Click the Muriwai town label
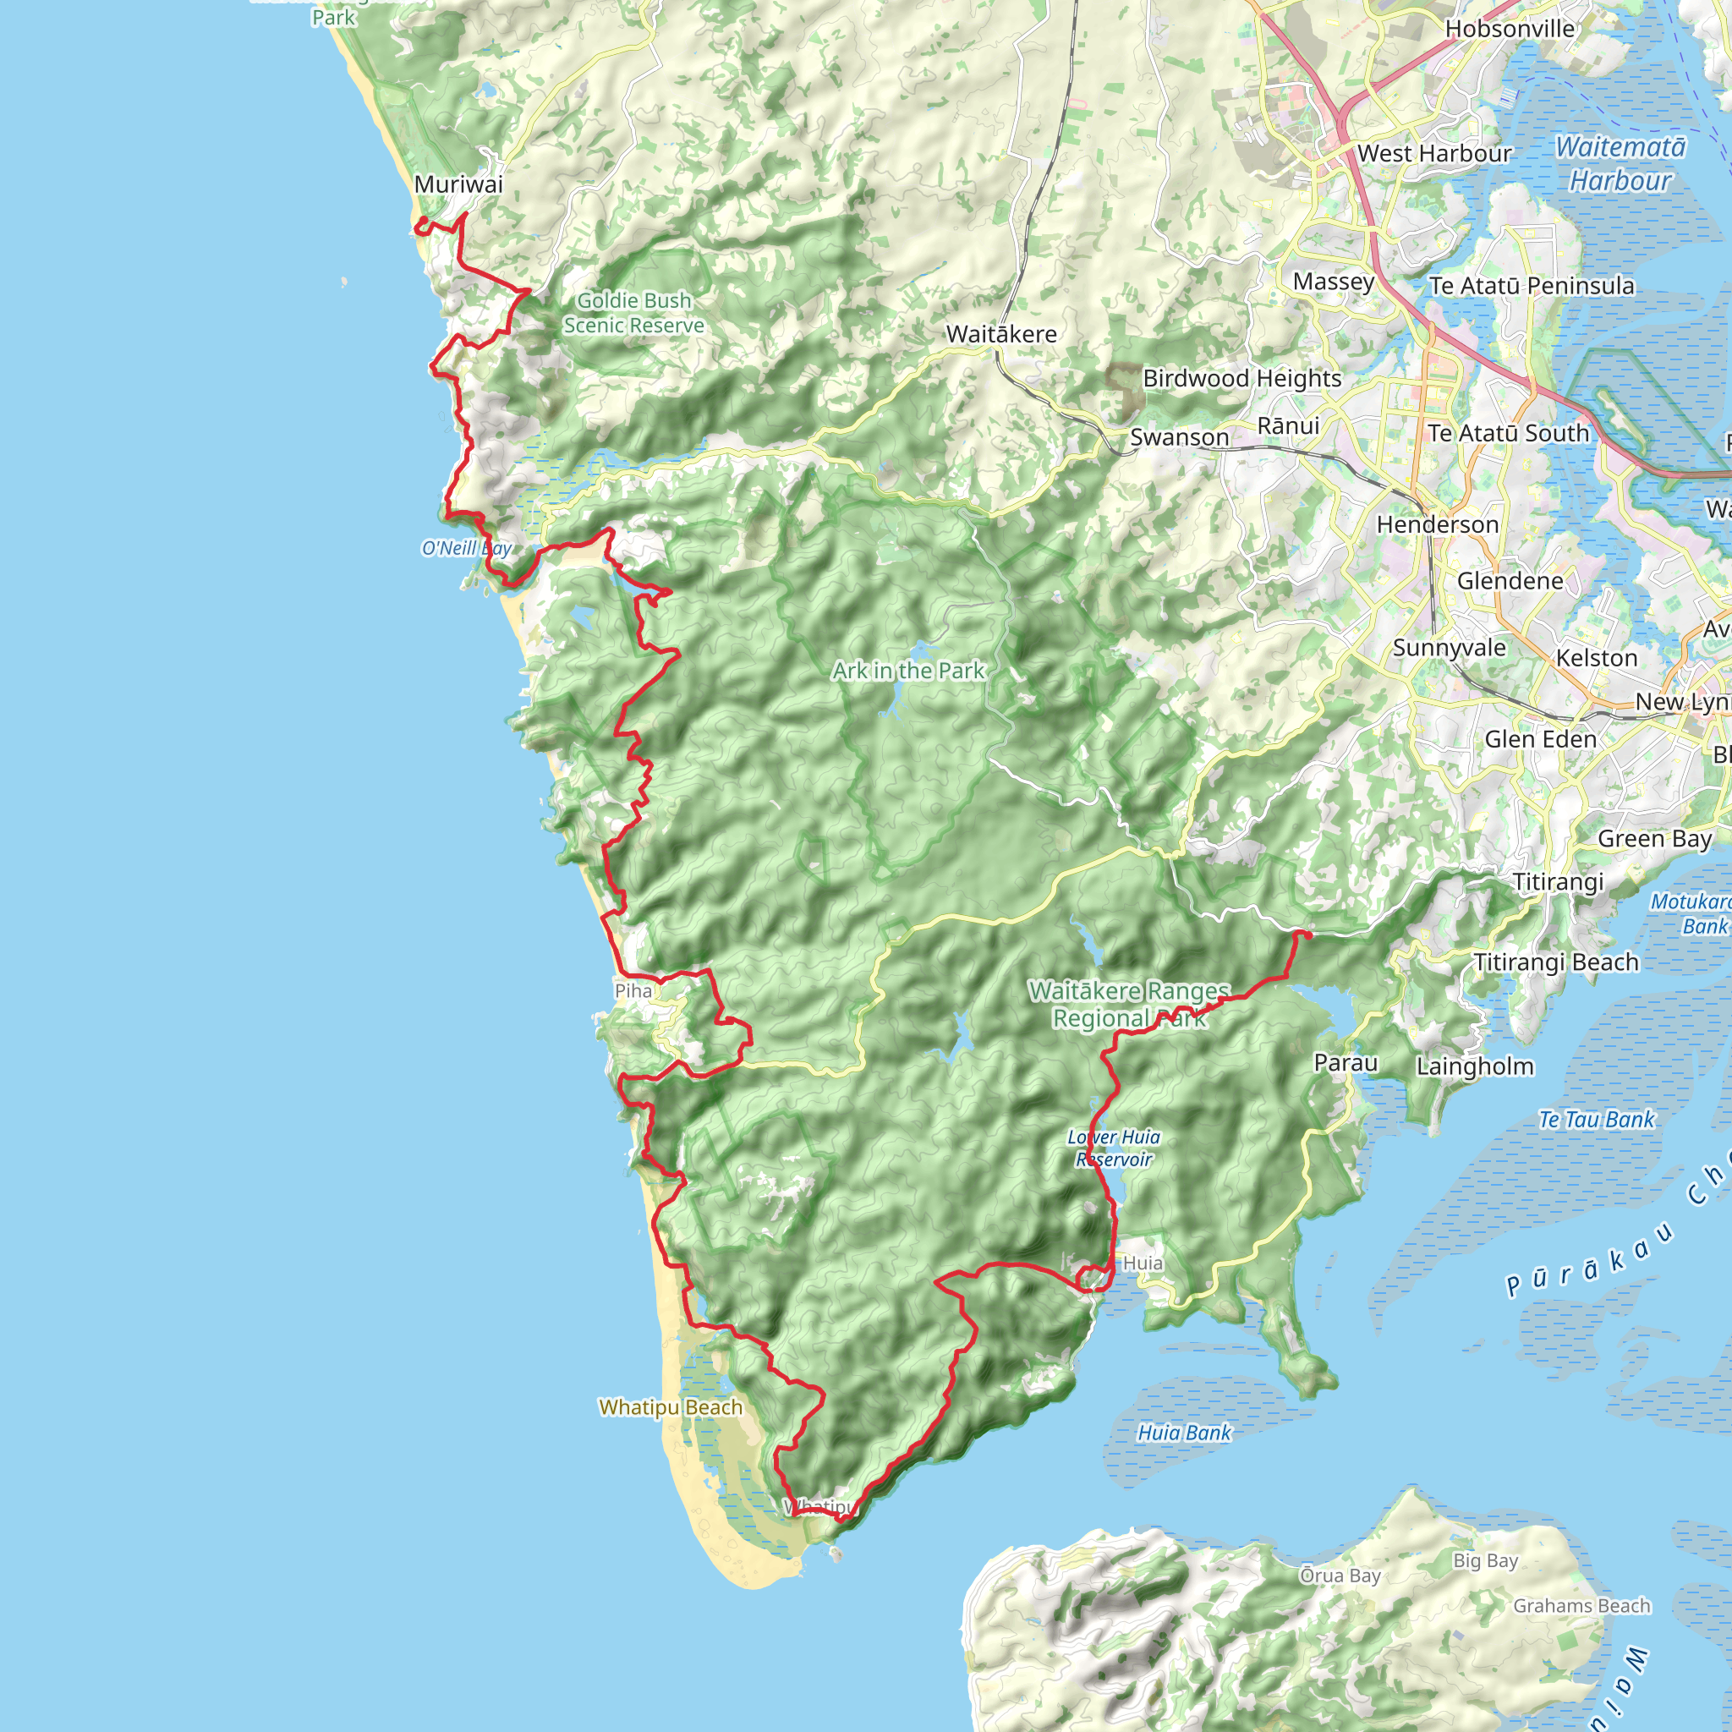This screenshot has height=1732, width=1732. [x=458, y=184]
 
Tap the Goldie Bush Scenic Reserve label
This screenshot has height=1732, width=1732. [x=633, y=313]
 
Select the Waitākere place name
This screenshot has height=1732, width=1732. [x=1001, y=334]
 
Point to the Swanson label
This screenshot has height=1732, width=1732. [x=1179, y=437]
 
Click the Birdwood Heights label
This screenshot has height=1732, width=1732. [x=1241, y=378]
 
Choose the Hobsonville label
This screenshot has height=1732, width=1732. [x=1510, y=29]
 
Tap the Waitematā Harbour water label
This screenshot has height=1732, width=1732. [x=1620, y=163]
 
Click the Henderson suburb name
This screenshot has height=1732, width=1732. [x=1437, y=524]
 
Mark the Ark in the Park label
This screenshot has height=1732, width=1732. [x=908, y=671]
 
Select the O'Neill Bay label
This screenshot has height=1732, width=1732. [x=466, y=548]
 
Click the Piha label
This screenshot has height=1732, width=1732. [x=633, y=990]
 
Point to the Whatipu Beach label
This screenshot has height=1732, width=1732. [x=671, y=1407]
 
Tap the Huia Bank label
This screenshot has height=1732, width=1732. [x=1184, y=1433]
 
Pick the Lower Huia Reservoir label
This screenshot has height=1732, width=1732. [x=1114, y=1148]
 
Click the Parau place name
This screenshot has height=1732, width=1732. [x=1345, y=1063]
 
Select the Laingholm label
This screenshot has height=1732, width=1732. [x=1475, y=1066]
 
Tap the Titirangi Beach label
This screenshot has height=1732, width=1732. [x=1556, y=962]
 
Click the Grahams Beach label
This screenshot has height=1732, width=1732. [x=1581, y=1606]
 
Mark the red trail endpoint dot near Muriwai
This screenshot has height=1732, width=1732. [x=422, y=222]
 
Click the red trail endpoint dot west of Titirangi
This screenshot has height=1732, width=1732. [x=1307, y=935]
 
